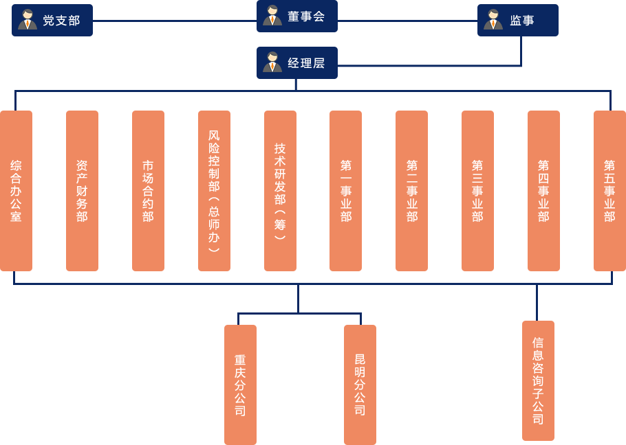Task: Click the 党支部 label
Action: [x=61, y=21]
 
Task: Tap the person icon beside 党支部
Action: [x=28, y=20]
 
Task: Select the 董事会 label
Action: [x=306, y=16]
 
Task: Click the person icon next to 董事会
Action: [x=272, y=16]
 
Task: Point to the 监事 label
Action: [x=522, y=21]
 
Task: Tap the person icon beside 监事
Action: [x=493, y=20]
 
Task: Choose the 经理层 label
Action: [x=306, y=63]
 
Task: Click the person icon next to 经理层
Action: [x=272, y=62]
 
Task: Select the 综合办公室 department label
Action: [x=16, y=191]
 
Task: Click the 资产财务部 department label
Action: [x=82, y=191]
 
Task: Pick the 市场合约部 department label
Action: [x=148, y=191]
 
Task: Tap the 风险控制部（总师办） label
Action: [x=214, y=191]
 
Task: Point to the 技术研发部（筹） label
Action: [x=280, y=191]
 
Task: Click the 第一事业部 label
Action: [x=346, y=191]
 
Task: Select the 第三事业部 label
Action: [x=477, y=191]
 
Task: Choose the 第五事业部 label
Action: [x=609, y=191]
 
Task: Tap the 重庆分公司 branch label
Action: [x=240, y=385]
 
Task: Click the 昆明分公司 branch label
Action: [x=360, y=385]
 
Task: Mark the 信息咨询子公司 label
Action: [x=538, y=380]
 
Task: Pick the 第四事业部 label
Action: [x=543, y=191]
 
